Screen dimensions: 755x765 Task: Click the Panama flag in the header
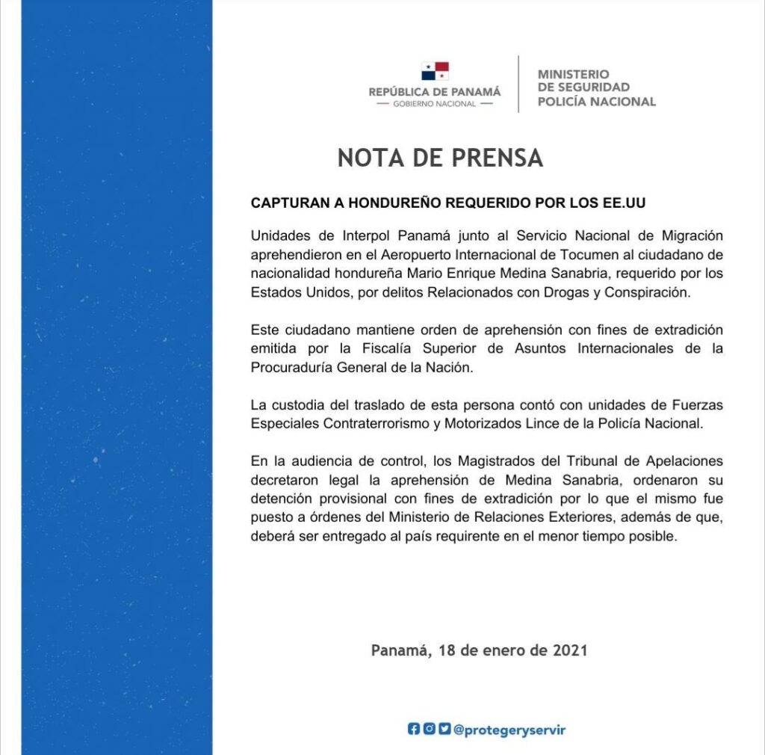click(x=435, y=72)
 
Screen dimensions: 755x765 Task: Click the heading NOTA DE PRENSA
click(x=440, y=158)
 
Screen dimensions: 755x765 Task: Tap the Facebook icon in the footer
click(x=414, y=730)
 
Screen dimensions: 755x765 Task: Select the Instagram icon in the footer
click(x=429, y=730)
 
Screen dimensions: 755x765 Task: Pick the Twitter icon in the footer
click(x=445, y=730)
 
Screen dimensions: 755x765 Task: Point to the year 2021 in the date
click(x=570, y=650)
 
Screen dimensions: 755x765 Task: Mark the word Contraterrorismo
click(x=371, y=425)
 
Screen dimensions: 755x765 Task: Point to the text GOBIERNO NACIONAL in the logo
click(x=434, y=104)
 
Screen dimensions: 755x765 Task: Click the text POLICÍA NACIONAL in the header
click(x=596, y=102)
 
